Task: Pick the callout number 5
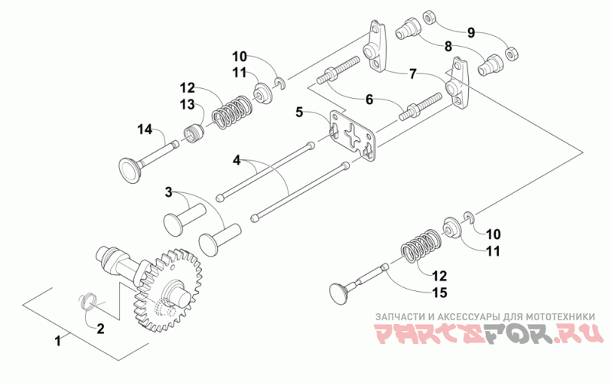(x=301, y=113)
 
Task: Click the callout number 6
(x=369, y=100)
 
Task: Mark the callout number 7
(x=412, y=74)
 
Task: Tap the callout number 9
(x=471, y=32)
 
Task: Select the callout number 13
(x=187, y=104)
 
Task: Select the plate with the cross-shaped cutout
(x=352, y=137)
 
